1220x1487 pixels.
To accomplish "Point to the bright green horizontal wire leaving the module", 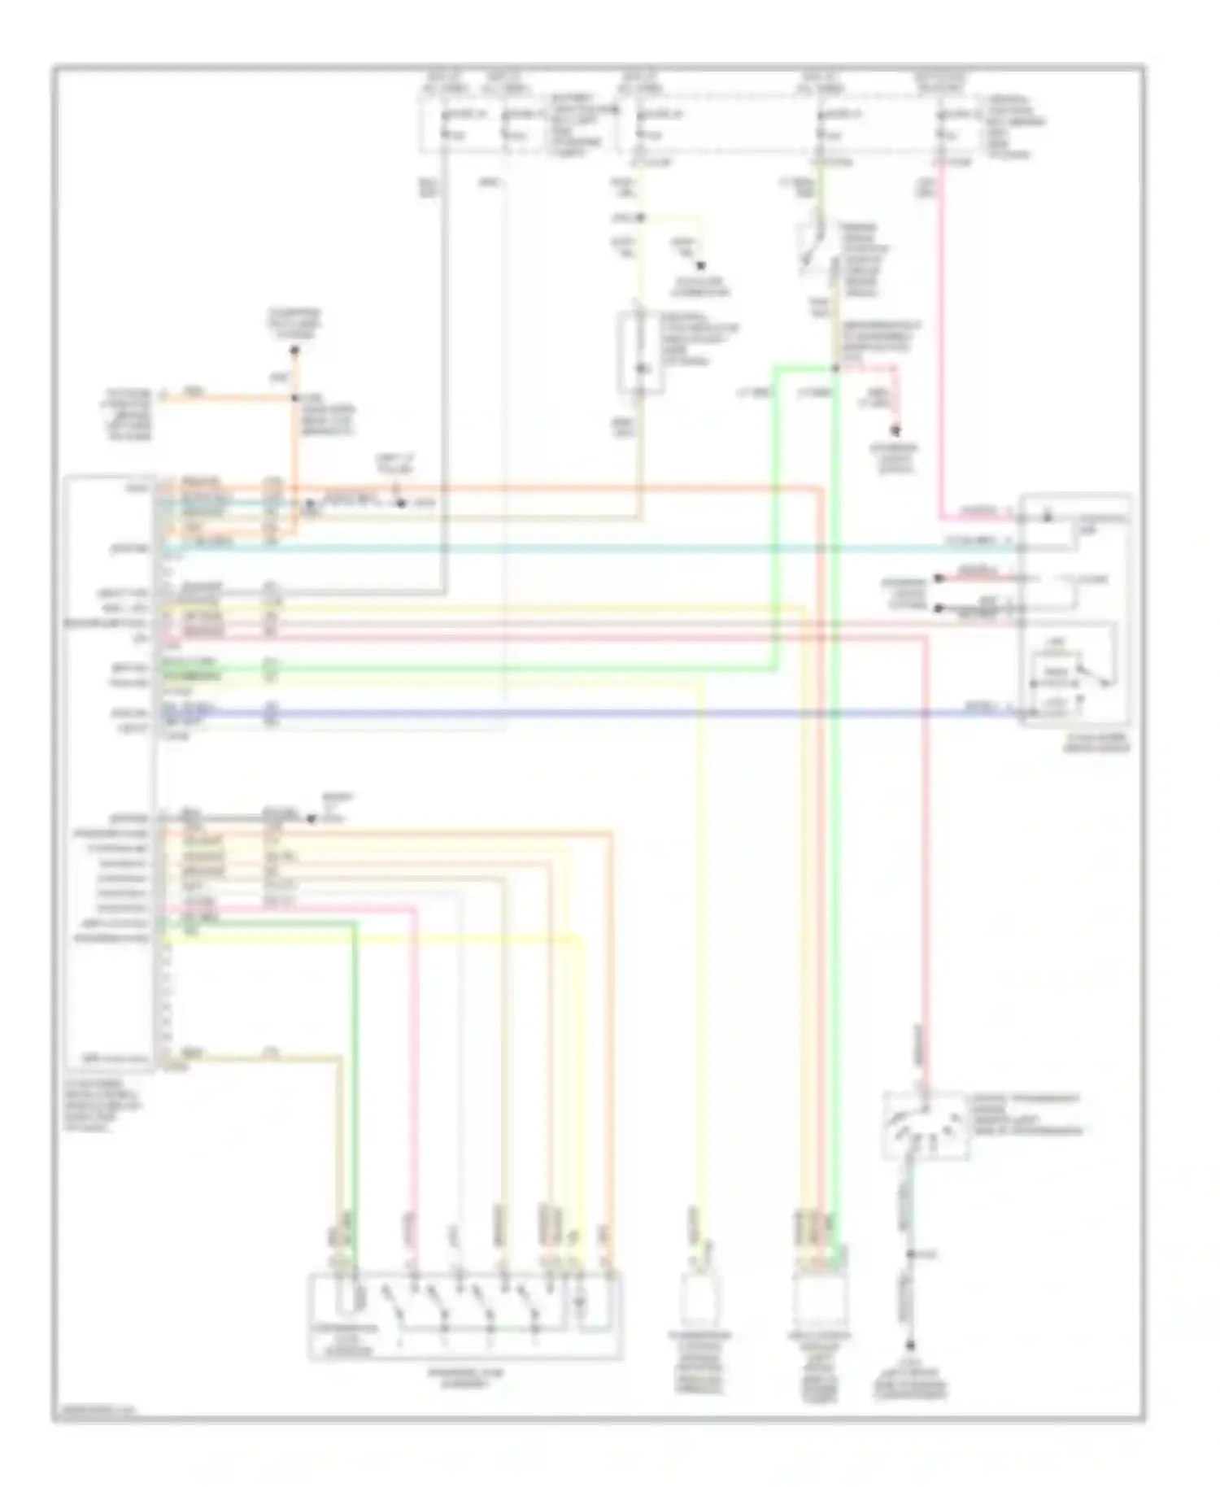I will (x=488, y=669).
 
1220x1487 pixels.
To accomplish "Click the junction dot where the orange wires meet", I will (x=294, y=398).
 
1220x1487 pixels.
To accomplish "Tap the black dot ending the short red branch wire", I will (x=897, y=431).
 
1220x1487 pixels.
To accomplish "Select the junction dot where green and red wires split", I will (x=835, y=368).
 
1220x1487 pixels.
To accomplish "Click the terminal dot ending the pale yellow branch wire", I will (x=699, y=266).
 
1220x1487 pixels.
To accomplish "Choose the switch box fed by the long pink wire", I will (x=925, y=1125).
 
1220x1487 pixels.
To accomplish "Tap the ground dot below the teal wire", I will (x=910, y=1346).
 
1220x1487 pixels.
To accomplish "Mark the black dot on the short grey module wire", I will (x=310, y=819).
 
